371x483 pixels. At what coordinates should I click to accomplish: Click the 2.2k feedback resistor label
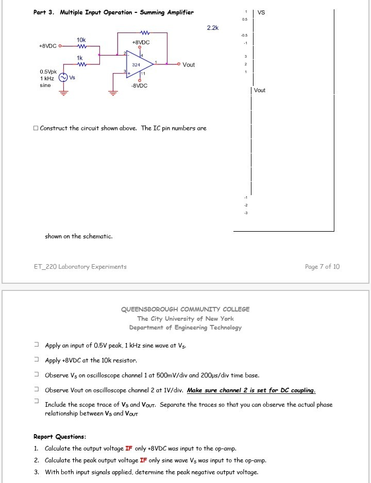tap(212, 28)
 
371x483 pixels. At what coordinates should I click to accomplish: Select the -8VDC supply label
tap(140, 86)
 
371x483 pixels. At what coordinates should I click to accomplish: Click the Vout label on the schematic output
tap(189, 65)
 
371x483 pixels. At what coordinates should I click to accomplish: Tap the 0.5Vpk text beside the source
tap(49, 72)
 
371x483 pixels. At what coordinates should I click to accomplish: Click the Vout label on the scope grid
tap(260, 90)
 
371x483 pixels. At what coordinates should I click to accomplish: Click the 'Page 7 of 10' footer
tap(322, 266)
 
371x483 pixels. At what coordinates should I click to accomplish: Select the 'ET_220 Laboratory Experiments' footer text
tap(80, 266)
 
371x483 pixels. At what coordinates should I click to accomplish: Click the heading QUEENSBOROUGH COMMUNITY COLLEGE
tap(185, 309)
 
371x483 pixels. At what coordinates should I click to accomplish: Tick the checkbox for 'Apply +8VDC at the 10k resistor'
tap(36, 360)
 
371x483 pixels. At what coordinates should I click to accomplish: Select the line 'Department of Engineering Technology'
tap(185, 327)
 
